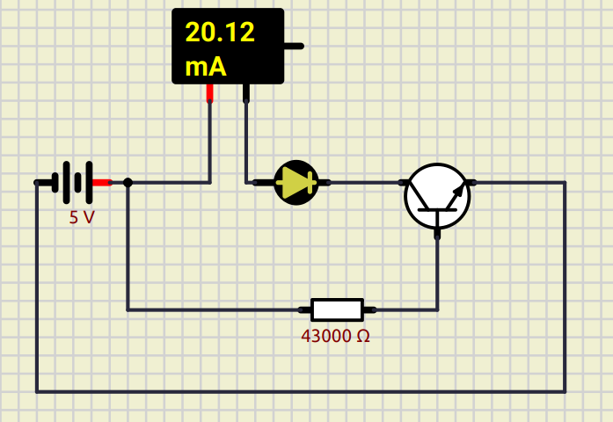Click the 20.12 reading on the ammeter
coord(220,33)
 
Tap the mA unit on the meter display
coord(206,66)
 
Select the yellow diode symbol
coord(296,183)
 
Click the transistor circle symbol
coord(437,196)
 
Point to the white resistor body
coord(337,309)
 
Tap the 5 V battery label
coord(82,216)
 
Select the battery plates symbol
coord(72,182)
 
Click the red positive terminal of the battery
coord(102,183)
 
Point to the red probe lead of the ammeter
coord(210,92)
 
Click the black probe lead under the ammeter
coord(246,92)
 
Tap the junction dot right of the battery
coord(128,183)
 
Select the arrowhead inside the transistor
coord(457,189)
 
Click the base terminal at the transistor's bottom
coord(437,234)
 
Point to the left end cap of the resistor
coord(304,309)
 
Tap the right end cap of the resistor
coord(370,309)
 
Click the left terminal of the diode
coord(260,183)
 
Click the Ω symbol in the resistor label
coord(363,336)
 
